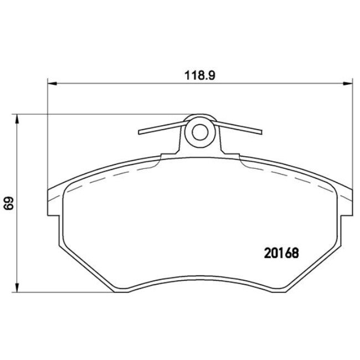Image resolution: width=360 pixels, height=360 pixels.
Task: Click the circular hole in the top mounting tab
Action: (200, 132)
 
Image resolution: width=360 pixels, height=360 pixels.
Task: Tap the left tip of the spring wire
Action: (140, 132)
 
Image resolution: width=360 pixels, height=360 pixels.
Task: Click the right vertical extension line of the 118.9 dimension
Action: (351, 138)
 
